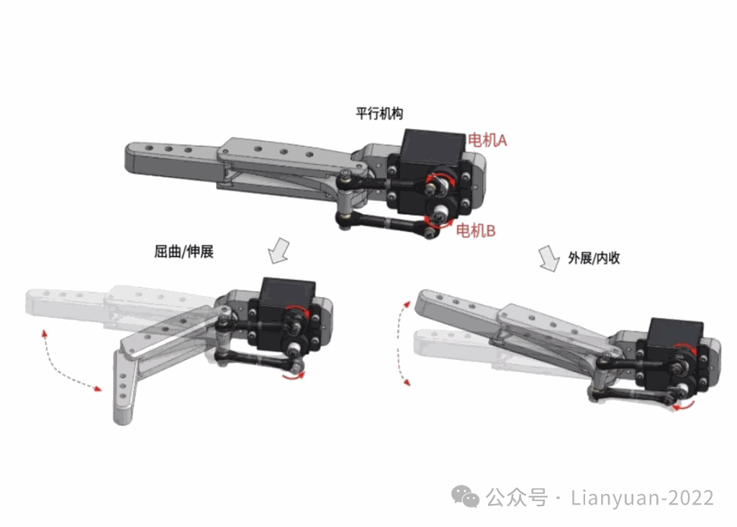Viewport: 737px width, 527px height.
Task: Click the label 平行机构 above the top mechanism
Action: pos(379,113)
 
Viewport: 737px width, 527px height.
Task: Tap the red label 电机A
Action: pos(487,140)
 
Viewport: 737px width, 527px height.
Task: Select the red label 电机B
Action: pos(476,230)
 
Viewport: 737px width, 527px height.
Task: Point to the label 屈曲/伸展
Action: pos(184,251)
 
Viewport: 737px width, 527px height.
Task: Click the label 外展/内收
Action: pos(594,258)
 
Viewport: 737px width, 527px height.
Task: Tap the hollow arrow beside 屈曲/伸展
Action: pos(279,251)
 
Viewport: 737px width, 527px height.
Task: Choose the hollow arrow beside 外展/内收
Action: pos(548,258)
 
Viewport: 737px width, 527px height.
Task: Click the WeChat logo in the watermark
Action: pos(465,497)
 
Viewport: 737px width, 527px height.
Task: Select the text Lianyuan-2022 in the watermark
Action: pos(642,498)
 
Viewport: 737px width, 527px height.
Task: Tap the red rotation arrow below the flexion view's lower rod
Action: pos(294,376)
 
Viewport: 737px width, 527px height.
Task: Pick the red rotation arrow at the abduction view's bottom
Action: pos(682,406)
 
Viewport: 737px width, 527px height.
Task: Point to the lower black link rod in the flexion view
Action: pos(258,360)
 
